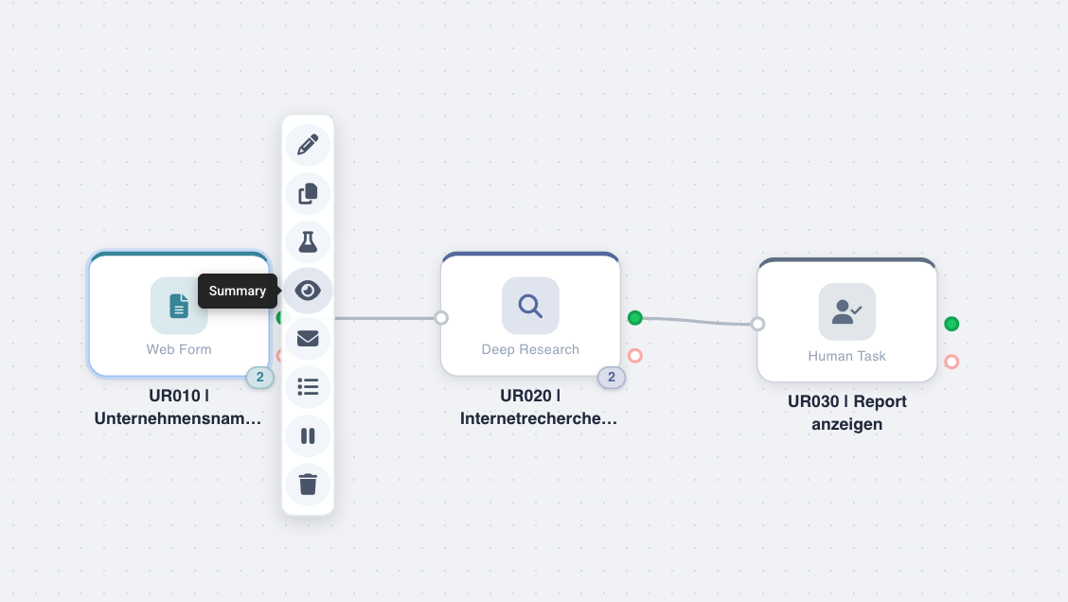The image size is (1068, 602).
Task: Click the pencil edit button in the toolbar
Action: pyautogui.click(x=308, y=145)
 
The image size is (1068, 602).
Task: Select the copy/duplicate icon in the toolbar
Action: pyautogui.click(x=308, y=193)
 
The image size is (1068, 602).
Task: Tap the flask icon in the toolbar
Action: pyautogui.click(x=308, y=242)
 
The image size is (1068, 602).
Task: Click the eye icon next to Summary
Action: pyautogui.click(x=308, y=291)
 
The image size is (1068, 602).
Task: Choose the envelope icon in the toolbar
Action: pyautogui.click(x=308, y=338)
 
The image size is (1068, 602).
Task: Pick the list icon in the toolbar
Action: pyautogui.click(x=308, y=386)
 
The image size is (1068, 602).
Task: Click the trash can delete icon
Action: pyautogui.click(x=308, y=485)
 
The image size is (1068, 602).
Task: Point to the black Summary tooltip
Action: pyautogui.click(x=238, y=291)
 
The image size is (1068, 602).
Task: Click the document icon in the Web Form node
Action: pyautogui.click(x=179, y=306)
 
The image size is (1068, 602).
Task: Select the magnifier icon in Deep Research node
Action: pyautogui.click(x=530, y=306)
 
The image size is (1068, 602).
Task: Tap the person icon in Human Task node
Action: pyautogui.click(x=846, y=311)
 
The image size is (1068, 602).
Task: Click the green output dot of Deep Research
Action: pyautogui.click(x=635, y=318)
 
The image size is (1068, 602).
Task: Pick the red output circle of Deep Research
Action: pyautogui.click(x=635, y=356)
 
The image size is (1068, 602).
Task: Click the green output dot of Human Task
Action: pyautogui.click(x=952, y=324)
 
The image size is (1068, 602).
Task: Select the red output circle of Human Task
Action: pyautogui.click(x=952, y=362)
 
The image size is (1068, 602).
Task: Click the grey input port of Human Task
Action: pyautogui.click(x=757, y=324)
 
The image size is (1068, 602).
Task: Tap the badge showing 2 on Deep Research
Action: pyautogui.click(x=611, y=378)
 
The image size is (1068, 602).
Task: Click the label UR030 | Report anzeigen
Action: pyautogui.click(x=847, y=413)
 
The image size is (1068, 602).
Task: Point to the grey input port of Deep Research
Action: pyautogui.click(x=441, y=318)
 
